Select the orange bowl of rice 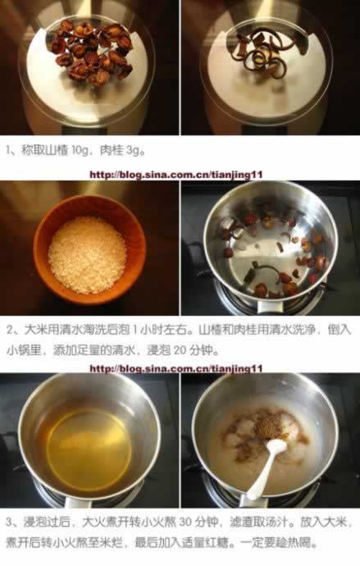(x=89, y=249)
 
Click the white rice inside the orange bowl (x=87, y=254)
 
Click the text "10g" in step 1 (x=80, y=150)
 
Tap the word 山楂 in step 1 (x=57, y=150)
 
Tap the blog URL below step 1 (x=175, y=175)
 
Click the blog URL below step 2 (x=175, y=368)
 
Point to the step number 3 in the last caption (x=9, y=522)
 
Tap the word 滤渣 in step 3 (x=240, y=522)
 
